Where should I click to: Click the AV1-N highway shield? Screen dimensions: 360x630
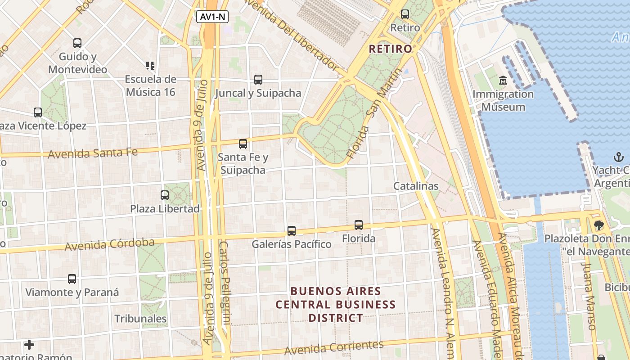pyautogui.click(x=212, y=17)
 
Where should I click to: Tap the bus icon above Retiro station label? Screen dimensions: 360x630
pyautogui.click(x=405, y=14)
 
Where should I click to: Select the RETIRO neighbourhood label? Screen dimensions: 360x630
pyautogui.click(x=390, y=49)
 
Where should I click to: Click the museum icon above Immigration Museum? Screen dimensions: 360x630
pyautogui.click(x=503, y=81)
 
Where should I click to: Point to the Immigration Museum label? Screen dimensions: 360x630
pyautogui.click(x=503, y=101)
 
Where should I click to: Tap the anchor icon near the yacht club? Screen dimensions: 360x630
pyautogui.click(x=619, y=157)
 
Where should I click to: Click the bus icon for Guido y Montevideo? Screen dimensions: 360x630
pyautogui.click(x=77, y=43)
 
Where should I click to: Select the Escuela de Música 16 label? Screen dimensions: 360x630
pyautogui.click(x=150, y=85)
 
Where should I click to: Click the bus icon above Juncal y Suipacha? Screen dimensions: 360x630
pyautogui.click(x=258, y=80)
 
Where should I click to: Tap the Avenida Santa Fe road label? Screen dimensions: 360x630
pyautogui.click(x=93, y=153)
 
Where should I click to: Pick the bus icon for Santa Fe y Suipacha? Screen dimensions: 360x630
pyautogui.click(x=243, y=144)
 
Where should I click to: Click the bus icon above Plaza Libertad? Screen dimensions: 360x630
pyautogui.click(x=165, y=195)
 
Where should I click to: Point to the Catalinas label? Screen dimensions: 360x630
pyautogui.click(x=416, y=186)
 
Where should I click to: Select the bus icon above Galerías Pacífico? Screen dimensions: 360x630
pyautogui.click(x=292, y=231)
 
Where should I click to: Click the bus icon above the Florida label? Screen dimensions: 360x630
pyautogui.click(x=359, y=225)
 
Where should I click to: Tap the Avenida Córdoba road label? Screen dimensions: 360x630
pyautogui.click(x=109, y=245)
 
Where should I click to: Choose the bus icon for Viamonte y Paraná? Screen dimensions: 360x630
pyautogui.click(x=72, y=279)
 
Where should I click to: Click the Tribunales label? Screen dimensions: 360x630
pyautogui.click(x=140, y=319)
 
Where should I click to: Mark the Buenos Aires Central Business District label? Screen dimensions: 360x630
pyautogui.click(x=336, y=305)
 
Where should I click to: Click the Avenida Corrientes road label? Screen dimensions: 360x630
pyautogui.click(x=334, y=347)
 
